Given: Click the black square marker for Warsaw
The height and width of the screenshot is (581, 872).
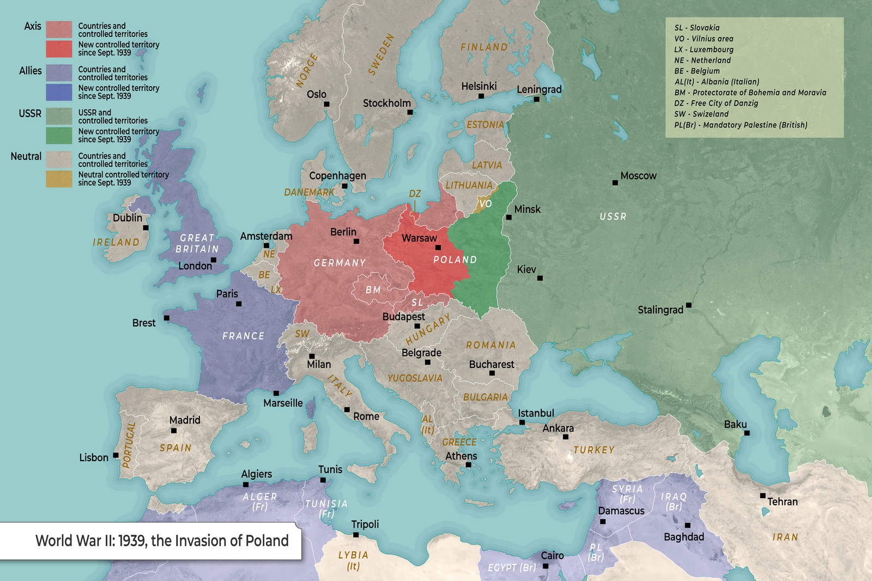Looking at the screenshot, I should click(438, 247).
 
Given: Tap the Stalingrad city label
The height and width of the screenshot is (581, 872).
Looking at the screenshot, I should click(660, 310).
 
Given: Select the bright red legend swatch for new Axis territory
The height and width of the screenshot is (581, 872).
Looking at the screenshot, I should click(59, 49).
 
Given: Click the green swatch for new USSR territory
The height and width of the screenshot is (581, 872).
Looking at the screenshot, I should click(59, 136).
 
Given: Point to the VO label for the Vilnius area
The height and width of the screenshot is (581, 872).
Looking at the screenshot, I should click(485, 204).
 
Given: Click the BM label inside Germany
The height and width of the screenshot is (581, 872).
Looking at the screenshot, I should click(373, 290).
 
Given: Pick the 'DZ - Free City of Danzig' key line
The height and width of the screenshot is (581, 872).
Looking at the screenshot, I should click(716, 103).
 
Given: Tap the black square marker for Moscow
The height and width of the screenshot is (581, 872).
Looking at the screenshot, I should click(615, 183).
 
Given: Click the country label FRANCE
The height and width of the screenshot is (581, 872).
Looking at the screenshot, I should click(243, 336).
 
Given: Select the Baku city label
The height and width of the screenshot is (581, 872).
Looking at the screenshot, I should click(735, 425).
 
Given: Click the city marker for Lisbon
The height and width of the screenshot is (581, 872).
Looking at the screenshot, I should click(116, 455).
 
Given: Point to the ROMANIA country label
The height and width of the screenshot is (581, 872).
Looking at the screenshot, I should click(491, 345).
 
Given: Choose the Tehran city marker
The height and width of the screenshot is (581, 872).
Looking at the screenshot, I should click(762, 495).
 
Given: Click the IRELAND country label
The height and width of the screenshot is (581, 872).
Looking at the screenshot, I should click(116, 242).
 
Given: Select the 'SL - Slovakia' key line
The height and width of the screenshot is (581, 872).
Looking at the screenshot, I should click(697, 28).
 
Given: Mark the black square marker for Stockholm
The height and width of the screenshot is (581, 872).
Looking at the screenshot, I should click(410, 112).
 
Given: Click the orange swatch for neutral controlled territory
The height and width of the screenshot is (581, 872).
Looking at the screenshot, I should click(59, 179).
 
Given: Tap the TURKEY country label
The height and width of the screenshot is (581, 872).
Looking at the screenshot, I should click(594, 450).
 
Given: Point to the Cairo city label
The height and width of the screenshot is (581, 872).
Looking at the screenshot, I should click(552, 555).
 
